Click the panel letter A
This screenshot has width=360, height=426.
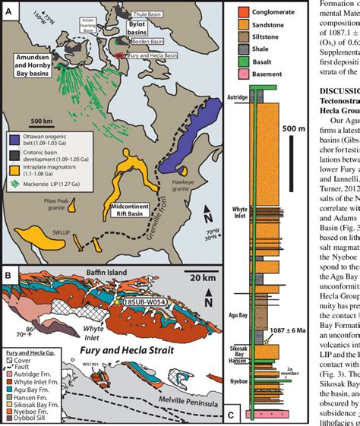(9, 11)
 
